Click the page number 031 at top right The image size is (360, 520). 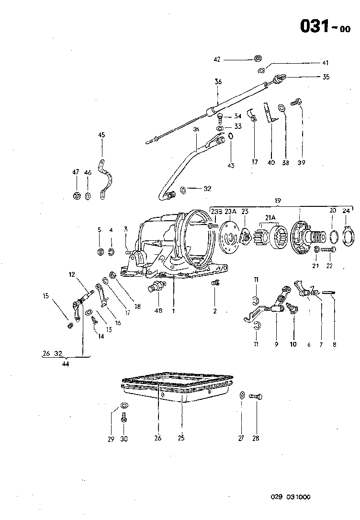[x=315, y=26]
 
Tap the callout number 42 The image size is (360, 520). [x=217, y=59]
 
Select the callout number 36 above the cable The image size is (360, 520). [x=218, y=82]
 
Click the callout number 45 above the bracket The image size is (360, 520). [x=101, y=135]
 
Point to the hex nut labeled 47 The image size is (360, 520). [x=76, y=195]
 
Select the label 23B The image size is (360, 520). [x=216, y=211]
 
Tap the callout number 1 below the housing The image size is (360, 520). [x=173, y=310]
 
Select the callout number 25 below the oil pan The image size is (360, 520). [x=181, y=438]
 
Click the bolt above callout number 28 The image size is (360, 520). [x=256, y=396]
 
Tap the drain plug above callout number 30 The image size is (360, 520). [x=124, y=417]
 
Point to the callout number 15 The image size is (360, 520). [x=46, y=296]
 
